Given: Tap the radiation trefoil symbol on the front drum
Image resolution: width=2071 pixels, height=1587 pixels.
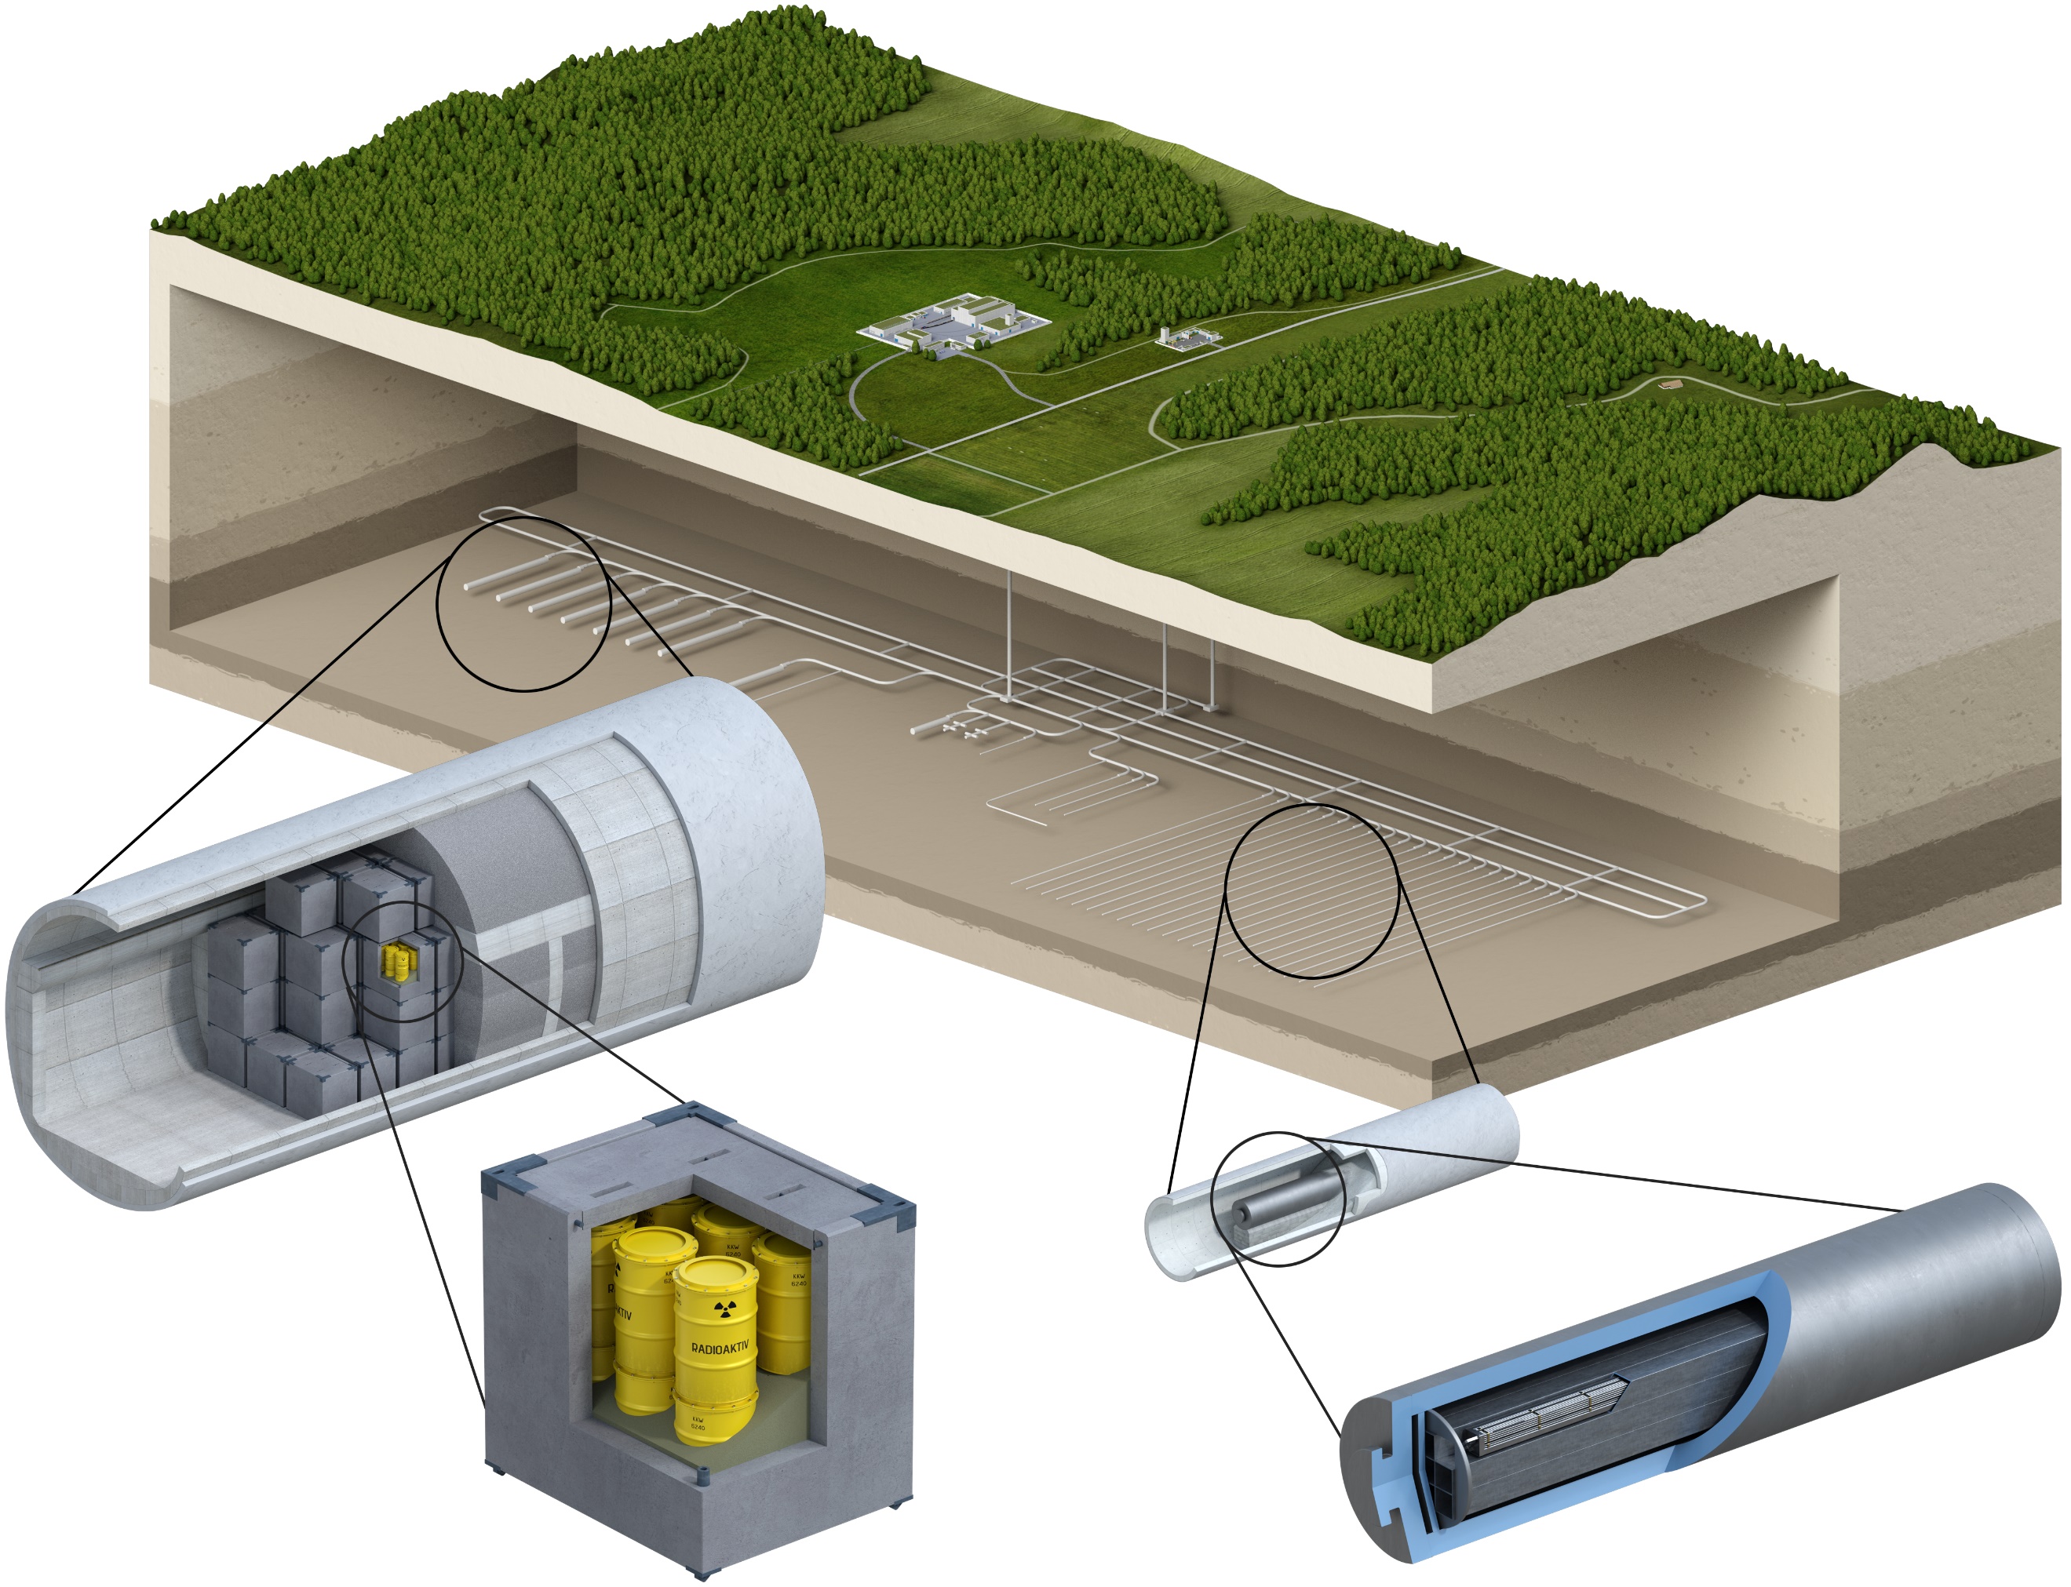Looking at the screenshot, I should point(724,1310).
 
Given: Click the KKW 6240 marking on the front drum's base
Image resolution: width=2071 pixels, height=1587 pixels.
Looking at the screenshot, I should point(697,1424).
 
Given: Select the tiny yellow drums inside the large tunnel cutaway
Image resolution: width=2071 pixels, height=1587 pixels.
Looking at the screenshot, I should point(399,962).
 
